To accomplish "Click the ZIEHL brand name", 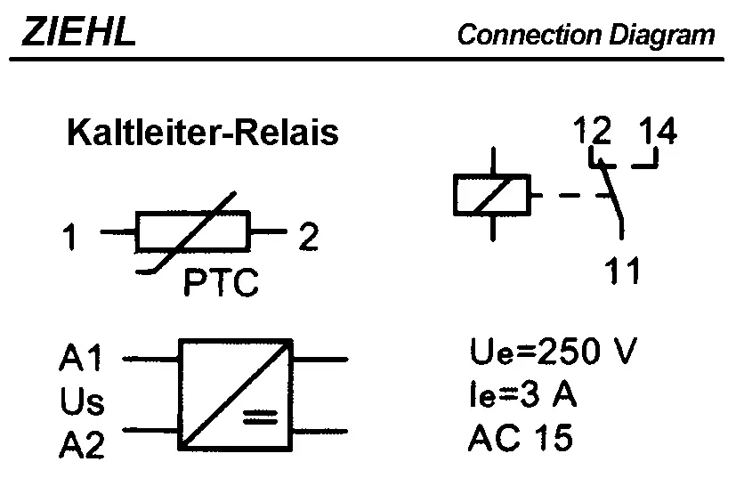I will [x=78, y=33].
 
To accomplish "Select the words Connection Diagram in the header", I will [x=586, y=36].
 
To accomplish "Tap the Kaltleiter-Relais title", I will [x=203, y=134].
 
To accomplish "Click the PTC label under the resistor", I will [x=221, y=284].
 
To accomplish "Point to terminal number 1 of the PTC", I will [x=70, y=239].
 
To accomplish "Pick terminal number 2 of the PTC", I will [x=308, y=238].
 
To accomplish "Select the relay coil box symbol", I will [x=491, y=195].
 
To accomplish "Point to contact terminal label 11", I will [x=622, y=270].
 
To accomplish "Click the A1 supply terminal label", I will [x=81, y=359].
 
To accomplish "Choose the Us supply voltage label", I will [x=82, y=402].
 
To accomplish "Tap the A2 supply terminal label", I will [x=82, y=445].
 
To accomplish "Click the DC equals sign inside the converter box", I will [x=260, y=416].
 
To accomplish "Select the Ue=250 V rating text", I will [x=553, y=352].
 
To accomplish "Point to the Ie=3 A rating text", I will [x=522, y=394].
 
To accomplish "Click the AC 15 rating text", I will [x=521, y=438].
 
